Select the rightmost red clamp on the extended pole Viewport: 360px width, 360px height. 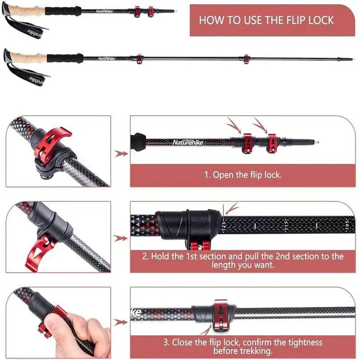point(246,59)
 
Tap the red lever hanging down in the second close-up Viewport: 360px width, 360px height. point(40,252)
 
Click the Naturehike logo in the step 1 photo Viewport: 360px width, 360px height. point(188,143)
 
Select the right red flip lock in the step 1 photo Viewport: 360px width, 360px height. point(272,143)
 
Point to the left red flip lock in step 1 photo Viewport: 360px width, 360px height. point(247,143)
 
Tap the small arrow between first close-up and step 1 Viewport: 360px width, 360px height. point(121,154)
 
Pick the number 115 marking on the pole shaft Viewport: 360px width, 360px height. point(285,224)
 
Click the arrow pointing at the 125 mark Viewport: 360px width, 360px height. point(232,208)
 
